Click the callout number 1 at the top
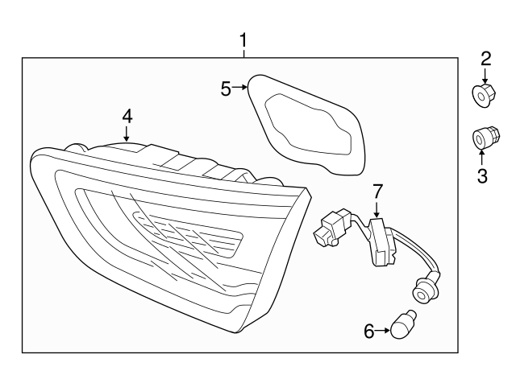click(x=243, y=41)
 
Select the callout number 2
click(x=485, y=59)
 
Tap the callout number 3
click(x=482, y=175)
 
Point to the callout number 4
click(x=127, y=117)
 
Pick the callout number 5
click(x=226, y=89)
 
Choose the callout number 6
click(x=369, y=331)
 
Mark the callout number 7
click(x=377, y=192)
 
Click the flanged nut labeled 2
click(x=484, y=95)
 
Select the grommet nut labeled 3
click(x=485, y=137)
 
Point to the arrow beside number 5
click(x=239, y=87)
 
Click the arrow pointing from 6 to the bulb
click(x=383, y=331)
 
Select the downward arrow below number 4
click(x=127, y=134)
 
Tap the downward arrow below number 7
click(x=377, y=209)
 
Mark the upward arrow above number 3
click(x=481, y=158)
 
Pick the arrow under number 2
click(x=485, y=76)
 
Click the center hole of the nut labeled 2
click(x=481, y=97)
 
